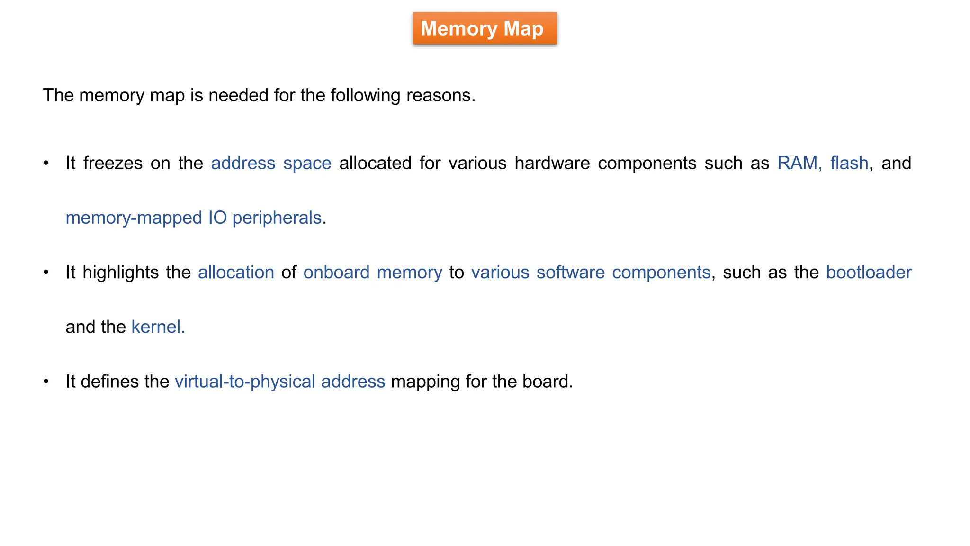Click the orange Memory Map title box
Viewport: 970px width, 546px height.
(485, 29)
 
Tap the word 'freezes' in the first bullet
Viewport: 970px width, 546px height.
(113, 163)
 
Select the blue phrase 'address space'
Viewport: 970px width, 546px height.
(271, 163)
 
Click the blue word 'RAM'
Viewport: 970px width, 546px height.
(798, 163)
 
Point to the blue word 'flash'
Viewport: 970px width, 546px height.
(849, 163)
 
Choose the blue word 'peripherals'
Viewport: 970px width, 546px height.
(277, 218)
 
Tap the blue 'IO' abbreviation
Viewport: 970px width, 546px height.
(217, 218)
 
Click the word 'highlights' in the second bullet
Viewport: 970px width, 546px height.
(120, 273)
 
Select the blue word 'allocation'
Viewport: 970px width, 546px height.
(236, 273)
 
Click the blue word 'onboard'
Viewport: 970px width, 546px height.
(336, 273)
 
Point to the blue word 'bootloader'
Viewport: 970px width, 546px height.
(869, 273)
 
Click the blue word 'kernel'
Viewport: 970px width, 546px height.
(156, 327)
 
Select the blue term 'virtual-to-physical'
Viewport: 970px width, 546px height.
(245, 382)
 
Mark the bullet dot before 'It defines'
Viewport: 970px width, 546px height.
(46, 382)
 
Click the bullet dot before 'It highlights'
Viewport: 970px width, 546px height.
(46, 273)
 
